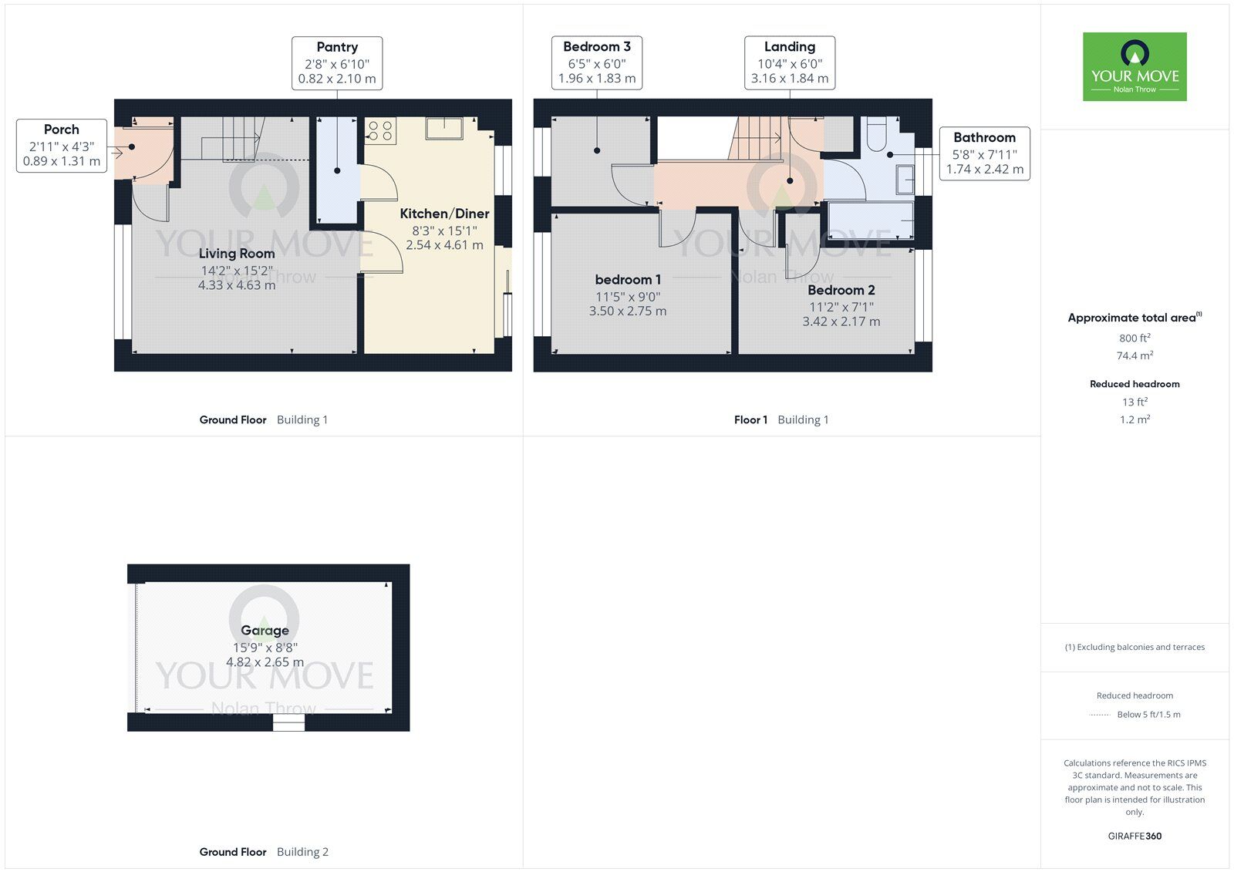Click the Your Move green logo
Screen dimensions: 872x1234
tap(1134, 66)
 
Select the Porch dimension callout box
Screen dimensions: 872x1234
tap(62, 145)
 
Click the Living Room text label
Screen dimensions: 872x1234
tap(237, 254)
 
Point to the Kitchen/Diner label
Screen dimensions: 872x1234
tap(444, 214)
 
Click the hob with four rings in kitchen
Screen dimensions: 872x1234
tap(379, 131)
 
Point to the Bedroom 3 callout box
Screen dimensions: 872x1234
tap(597, 62)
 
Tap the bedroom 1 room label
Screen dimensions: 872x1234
tap(628, 280)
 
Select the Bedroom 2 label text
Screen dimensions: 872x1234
tap(841, 291)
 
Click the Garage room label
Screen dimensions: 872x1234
tap(265, 631)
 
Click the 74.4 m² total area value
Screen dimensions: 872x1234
tap(1135, 355)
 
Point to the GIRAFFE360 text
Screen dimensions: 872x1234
tap(1135, 836)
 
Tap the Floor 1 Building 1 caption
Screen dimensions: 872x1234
tap(781, 420)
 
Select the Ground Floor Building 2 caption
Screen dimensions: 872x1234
tap(264, 852)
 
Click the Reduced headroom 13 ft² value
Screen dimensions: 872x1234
tap(1135, 402)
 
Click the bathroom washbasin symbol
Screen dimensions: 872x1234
tap(904, 180)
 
